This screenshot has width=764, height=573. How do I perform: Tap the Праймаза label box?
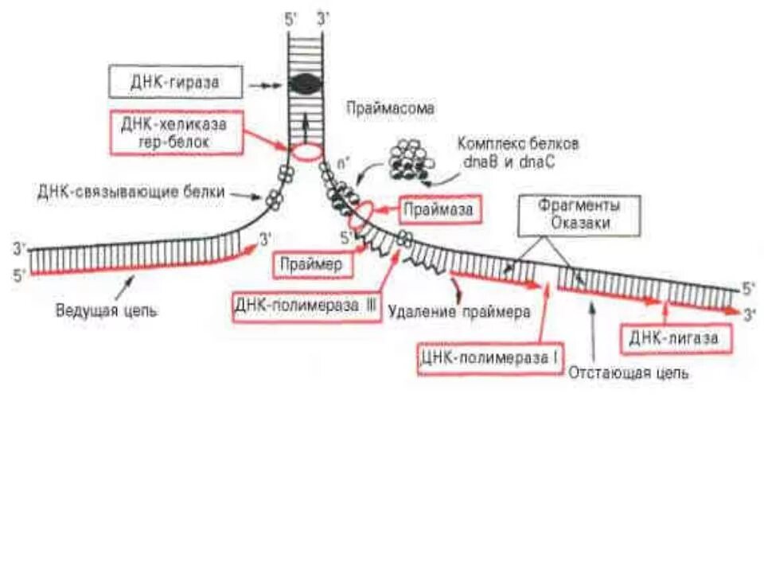tap(439, 210)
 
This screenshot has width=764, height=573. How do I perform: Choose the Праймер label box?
tap(313, 265)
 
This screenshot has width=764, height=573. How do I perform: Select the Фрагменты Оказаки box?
tap(579, 214)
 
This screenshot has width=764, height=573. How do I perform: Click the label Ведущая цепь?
tap(106, 310)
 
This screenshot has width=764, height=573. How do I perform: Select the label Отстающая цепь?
tap(630, 372)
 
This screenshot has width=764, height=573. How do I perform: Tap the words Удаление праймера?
tap(459, 312)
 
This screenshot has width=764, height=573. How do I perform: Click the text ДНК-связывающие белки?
tap(131, 193)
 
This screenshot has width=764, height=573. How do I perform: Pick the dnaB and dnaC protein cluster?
tap(411, 158)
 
